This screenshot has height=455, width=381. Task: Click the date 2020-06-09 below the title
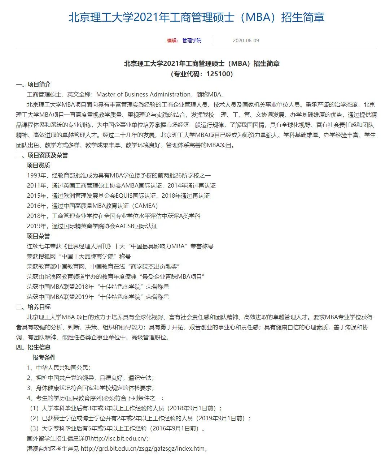tap(246, 40)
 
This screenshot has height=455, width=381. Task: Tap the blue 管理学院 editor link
tap(192, 40)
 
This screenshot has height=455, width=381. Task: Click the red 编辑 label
tap(172, 40)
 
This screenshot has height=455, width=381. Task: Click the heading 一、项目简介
tap(33, 84)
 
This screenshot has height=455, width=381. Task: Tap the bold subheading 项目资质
tap(39, 165)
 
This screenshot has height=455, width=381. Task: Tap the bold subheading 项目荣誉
tap(39, 236)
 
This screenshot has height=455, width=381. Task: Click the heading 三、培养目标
tap(33, 307)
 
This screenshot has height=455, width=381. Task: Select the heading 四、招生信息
tap(33, 347)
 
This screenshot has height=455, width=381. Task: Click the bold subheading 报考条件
tap(44, 357)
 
